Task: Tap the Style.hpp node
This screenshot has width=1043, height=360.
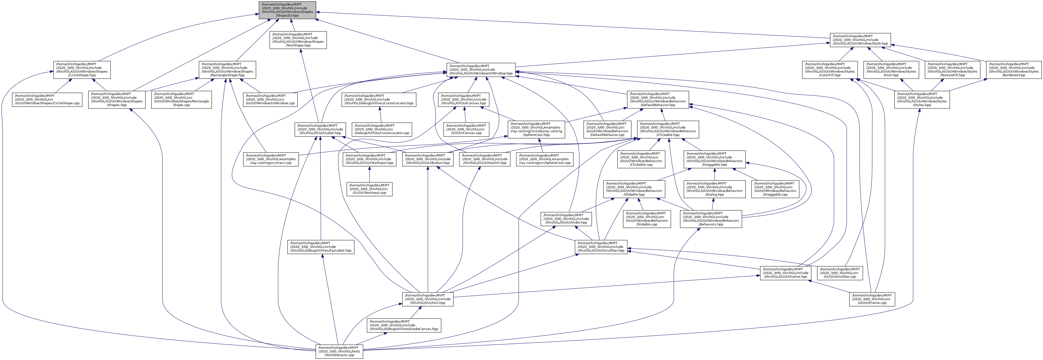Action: click(860, 40)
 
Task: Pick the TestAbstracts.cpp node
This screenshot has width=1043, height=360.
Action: click(339, 351)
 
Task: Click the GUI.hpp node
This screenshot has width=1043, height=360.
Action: click(428, 299)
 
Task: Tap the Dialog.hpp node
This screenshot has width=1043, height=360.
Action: click(715, 189)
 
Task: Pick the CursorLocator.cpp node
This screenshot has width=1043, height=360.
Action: click(382, 129)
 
